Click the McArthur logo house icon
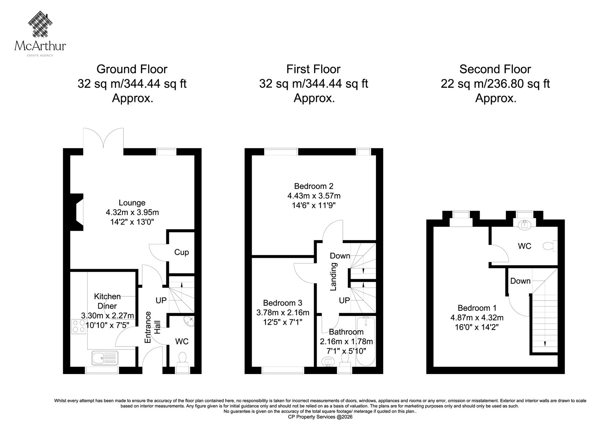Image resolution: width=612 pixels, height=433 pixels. point(40,24)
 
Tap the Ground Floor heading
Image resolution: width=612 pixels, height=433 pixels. point(132,69)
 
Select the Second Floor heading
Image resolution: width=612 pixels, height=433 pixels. point(495,69)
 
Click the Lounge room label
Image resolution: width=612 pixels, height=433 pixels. point(132,203)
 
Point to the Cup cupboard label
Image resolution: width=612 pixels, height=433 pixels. point(181,252)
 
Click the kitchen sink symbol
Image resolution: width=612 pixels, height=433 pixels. point(105,358)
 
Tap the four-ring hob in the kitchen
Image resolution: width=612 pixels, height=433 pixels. point(79,327)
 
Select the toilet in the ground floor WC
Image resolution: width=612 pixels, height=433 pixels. point(182,359)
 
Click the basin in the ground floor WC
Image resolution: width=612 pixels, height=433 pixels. point(189,321)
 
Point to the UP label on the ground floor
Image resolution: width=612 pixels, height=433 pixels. point(161,300)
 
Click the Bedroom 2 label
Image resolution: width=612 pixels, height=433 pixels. point(314,186)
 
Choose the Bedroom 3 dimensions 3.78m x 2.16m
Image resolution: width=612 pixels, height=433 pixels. point(283,312)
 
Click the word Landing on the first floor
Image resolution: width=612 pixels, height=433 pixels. point(333,276)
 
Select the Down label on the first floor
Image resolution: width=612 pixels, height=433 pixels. point(340,256)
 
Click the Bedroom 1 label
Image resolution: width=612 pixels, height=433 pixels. point(477,308)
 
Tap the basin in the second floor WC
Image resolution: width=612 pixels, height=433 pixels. point(524,224)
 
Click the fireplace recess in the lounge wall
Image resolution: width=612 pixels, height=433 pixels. point(77,212)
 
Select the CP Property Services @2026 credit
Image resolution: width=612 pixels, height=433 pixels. point(320,417)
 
